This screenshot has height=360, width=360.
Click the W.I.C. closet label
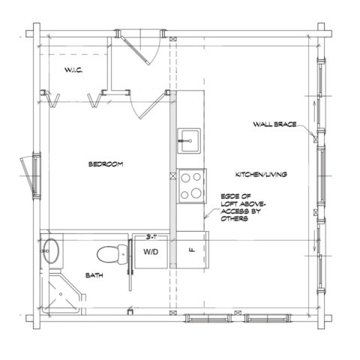(73, 70)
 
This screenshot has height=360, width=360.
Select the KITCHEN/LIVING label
(262, 173)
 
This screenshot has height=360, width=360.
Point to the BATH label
(94, 275)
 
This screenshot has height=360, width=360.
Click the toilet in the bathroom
(110, 253)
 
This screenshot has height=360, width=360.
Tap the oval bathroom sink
(50, 250)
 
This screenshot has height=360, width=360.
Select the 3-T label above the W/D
(150, 235)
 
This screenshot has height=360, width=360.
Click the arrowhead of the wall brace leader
(313, 136)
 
